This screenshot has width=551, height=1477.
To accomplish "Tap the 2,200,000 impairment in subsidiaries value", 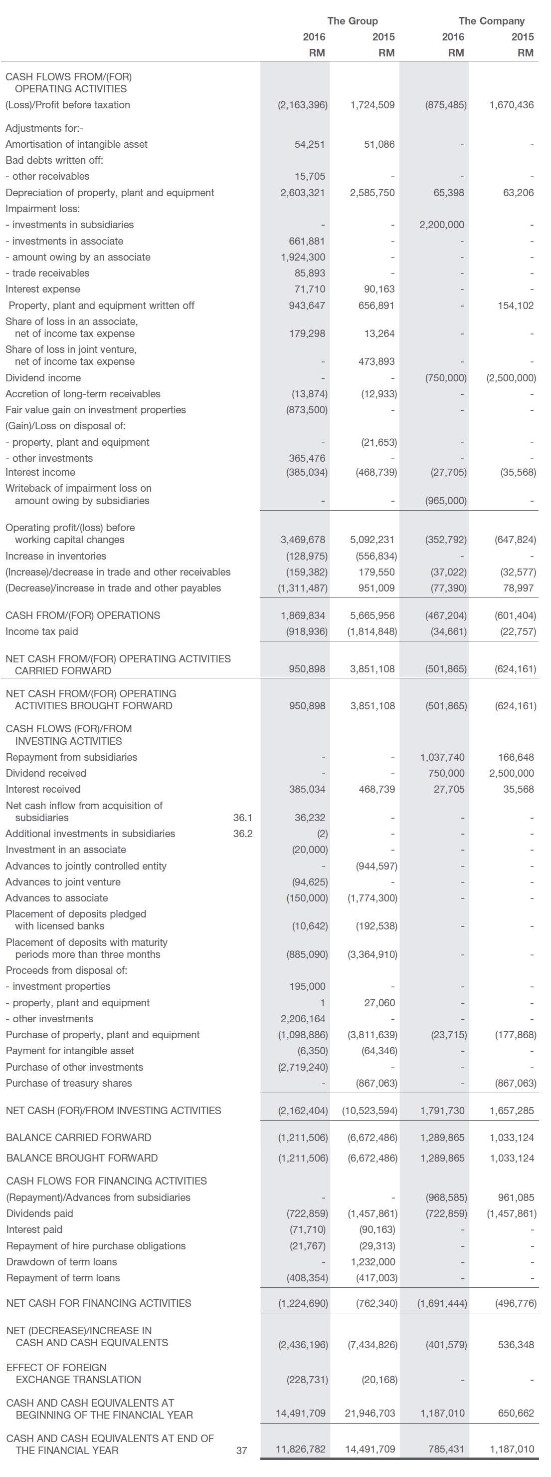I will pyautogui.click(x=442, y=225).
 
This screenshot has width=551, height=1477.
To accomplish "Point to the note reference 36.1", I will pyautogui.click(x=242, y=818).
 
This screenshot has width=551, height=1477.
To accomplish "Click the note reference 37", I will pyautogui.click(x=242, y=1451).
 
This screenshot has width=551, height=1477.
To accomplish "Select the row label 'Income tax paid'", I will pyautogui.click(x=42, y=631).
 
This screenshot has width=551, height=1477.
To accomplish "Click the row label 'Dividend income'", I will pyautogui.click(x=43, y=378).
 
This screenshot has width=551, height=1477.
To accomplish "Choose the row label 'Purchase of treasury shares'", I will pyautogui.click(x=69, y=1083).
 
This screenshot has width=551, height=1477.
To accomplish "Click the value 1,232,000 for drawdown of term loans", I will pyautogui.click(x=373, y=1262).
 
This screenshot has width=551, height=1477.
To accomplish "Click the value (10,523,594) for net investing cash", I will pyautogui.click(x=369, y=1111).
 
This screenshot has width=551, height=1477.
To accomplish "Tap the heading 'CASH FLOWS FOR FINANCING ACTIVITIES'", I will pyautogui.click(x=107, y=1181).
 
